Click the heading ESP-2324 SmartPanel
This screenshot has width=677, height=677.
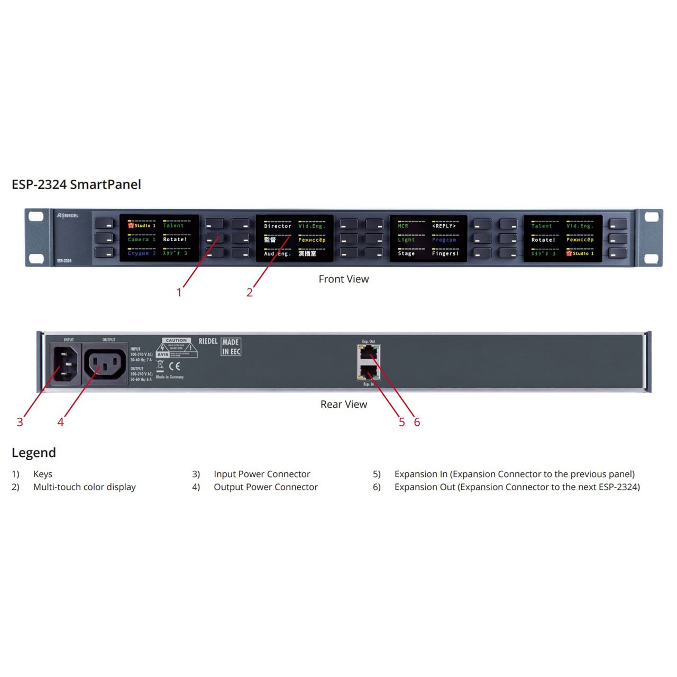[x=76, y=184]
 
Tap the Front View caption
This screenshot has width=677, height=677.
[x=343, y=279]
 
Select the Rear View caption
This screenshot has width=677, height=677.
[x=343, y=404]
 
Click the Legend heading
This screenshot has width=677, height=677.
[x=33, y=452]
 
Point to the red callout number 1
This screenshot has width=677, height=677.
[x=179, y=292]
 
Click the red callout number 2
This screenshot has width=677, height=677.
[x=249, y=292]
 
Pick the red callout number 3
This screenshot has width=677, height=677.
[x=20, y=422]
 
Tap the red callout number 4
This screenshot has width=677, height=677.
[x=60, y=422]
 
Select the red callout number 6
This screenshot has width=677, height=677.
[x=417, y=422]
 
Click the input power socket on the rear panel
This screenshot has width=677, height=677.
[x=66, y=363]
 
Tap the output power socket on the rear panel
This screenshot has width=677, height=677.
[x=105, y=364]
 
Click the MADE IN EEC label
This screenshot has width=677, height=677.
[x=231, y=347]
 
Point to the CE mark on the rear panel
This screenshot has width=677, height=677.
[x=175, y=365]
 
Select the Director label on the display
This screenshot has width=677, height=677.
[x=278, y=226]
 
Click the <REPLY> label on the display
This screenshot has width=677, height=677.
[x=444, y=226]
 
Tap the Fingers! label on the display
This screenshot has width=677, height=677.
[x=445, y=254]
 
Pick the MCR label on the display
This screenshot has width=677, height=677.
[x=403, y=226]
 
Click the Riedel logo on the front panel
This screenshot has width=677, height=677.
[x=68, y=216]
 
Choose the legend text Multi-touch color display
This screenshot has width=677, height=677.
[x=85, y=487]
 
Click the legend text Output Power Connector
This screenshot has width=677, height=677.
[x=266, y=487]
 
